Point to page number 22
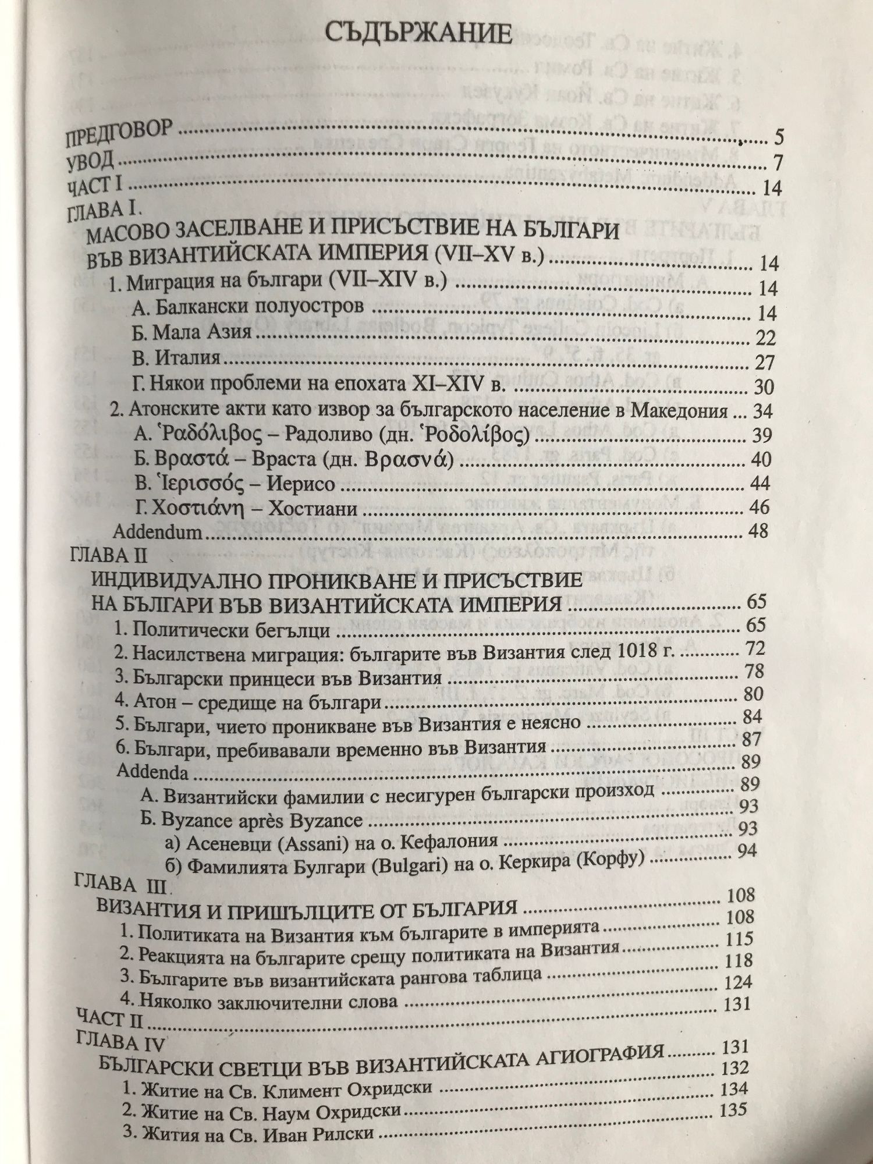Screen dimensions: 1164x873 (x=764, y=338)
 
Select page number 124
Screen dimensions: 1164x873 (x=738, y=982)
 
